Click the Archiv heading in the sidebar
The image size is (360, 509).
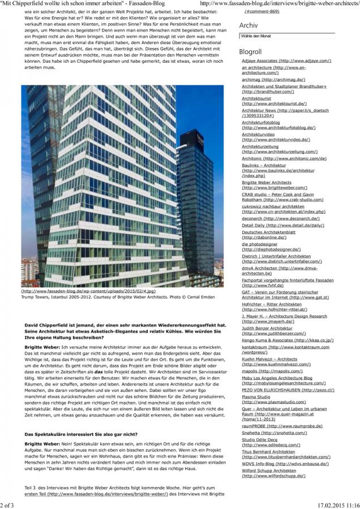[249, 25]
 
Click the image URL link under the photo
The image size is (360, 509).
[88, 291]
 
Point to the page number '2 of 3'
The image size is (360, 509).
[8, 504]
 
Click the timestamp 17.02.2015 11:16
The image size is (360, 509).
[338, 504]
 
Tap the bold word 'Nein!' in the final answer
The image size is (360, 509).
[70, 445]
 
